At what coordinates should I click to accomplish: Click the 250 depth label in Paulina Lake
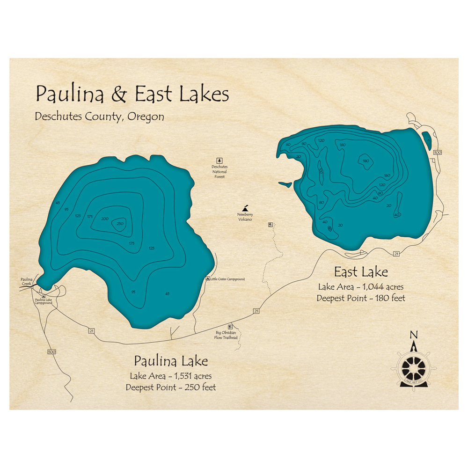120,223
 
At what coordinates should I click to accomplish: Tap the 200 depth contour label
104,219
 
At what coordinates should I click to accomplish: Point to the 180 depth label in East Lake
366,161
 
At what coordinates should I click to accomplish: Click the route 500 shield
51,351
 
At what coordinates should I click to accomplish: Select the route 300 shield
438,153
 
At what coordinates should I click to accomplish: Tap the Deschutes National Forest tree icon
218,161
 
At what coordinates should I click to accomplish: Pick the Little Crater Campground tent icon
208,279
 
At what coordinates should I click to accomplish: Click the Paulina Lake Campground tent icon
44,296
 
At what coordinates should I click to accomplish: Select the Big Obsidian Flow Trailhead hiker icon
230,327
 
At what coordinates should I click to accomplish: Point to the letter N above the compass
413,334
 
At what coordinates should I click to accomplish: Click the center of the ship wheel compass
414,367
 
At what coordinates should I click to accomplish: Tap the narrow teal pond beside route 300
427,138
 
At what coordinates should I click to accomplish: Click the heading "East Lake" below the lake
360,272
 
